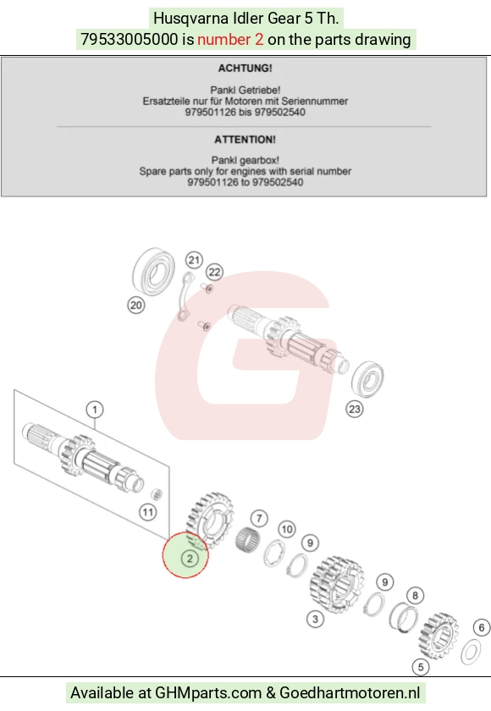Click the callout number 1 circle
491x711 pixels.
click(x=95, y=410)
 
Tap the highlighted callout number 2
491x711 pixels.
click(x=190, y=559)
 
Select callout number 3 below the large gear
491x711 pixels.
click(x=315, y=619)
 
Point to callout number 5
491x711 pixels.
click(x=421, y=667)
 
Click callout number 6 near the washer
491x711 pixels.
click(x=482, y=627)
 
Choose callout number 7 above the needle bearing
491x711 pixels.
click(x=259, y=518)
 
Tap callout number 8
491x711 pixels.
click(x=415, y=595)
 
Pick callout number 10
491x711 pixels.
click(x=286, y=529)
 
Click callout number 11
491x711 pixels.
click(x=148, y=512)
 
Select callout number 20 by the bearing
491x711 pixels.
click(x=136, y=306)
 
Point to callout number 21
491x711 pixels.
click(x=194, y=261)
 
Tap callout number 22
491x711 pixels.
click(x=214, y=272)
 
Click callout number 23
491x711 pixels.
click(x=354, y=409)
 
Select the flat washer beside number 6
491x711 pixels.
click(x=471, y=652)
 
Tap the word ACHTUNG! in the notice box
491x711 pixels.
click(x=245, y=68)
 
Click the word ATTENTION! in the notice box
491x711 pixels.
click(x=245, y=139)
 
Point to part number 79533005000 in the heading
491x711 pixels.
click(x=130, y=40)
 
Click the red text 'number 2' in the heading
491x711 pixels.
click(x=230, y=40)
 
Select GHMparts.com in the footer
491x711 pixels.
click(x=208, y=693)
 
